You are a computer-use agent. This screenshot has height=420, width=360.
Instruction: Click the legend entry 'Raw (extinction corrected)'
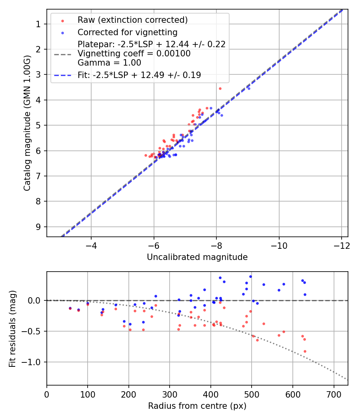pyautogui.click(x=132, y=20)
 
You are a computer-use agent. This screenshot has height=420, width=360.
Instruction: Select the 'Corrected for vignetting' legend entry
pyautogui.click(x=127, y=32)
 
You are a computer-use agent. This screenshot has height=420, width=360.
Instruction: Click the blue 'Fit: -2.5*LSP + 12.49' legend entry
pyautogui.click(x=139, y=75)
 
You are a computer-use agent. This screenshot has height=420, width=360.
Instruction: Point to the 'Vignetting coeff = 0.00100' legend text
pyautogui.click(x=134, y=53)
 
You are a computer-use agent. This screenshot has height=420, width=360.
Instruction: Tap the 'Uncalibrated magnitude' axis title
pyautogui.click(x=197, y=257)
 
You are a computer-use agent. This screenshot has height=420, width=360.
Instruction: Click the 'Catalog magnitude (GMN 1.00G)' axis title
pyautogui.click(x=27, y=123)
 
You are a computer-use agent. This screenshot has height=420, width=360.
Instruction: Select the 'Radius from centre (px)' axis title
pyautogui.click(x=197, y=406)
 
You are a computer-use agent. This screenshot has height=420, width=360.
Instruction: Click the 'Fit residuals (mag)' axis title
pyautogui.click(x=12, y=328)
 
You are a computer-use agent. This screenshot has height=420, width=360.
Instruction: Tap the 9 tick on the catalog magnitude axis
pyautogui.click(x=38, y=227)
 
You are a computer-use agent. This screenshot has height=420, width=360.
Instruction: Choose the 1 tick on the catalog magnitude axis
pyautogui.click(x=38, y=24)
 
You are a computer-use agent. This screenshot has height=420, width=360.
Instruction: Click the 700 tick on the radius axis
pyautogui.click(x=334, y=394)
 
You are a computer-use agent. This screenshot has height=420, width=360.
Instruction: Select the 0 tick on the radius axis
pyautogui.click(x=47, y=394)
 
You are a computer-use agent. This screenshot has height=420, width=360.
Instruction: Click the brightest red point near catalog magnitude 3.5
pyautogui.click(x=220, y=88)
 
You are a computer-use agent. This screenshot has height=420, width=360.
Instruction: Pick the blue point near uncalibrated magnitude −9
pyautogui.click(x=249, y=88)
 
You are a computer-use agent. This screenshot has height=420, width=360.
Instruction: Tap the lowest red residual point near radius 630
pyautogui.click(x=305, y=351)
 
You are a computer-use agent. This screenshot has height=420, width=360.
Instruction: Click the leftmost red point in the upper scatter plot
pyautogui.click(x=146, y=155)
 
